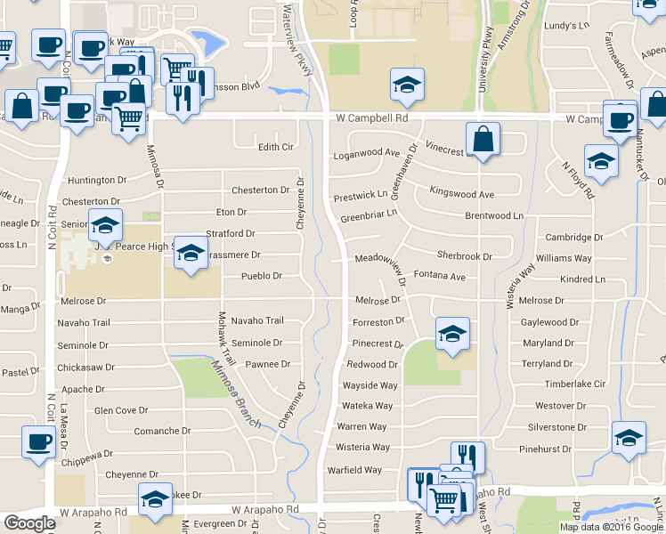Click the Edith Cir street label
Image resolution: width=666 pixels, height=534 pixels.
click(275, 147)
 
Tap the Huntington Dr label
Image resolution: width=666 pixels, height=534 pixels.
click(92, 180)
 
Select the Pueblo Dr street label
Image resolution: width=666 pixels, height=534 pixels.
click(262, 277)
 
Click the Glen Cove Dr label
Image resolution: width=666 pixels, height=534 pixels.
click(121, 410)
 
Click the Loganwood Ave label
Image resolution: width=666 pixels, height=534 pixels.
click(365, 153)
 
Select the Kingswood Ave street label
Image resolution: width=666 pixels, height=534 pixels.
click(461, 193)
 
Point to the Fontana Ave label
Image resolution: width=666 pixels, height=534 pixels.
click(440, 277)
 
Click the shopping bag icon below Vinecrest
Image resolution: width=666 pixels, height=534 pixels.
click(482, 140)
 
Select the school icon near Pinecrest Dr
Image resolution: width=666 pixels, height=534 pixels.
click(452, 335)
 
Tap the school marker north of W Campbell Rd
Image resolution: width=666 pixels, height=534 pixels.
click(407, 85)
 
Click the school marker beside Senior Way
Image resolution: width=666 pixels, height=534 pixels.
click(105, 225)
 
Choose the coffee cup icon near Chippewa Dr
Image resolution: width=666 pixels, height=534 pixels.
click(37, 442)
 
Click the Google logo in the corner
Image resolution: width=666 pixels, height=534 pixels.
click(29, 523)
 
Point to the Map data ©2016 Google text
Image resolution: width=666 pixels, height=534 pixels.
click(613, 527)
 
